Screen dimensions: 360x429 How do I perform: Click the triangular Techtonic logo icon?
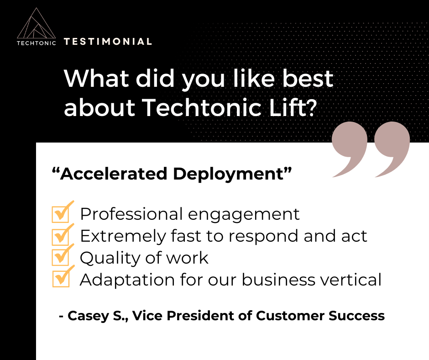(x=36, y=24)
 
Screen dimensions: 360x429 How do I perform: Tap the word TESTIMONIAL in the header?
(x=108, y=42)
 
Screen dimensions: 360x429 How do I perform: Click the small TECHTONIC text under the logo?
(x=36, y=43)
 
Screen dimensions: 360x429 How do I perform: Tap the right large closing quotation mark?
(x=392, y=148)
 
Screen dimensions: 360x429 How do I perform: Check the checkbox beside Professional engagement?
(x=60, y=214)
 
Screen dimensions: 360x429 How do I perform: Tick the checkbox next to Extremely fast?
(x=60, y=236)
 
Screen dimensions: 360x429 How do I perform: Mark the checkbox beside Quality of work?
(x=60, y=257)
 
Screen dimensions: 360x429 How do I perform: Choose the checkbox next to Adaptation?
(x=60, y=279)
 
